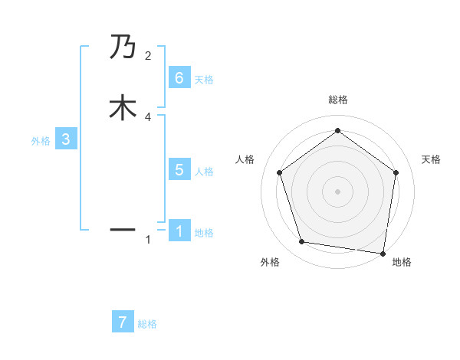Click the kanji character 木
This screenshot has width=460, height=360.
123,108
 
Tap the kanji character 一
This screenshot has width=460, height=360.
123,229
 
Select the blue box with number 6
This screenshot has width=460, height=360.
179,78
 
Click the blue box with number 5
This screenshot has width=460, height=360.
179,170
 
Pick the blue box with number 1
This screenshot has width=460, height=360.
179,231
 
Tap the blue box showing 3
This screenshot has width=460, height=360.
66,139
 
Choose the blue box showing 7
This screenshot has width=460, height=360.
123,322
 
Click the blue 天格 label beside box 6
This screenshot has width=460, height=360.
204,80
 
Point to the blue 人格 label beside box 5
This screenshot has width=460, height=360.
204,172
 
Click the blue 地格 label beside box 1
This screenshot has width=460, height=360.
204,233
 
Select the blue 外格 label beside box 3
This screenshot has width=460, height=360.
41,141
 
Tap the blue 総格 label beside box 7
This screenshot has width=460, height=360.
147,324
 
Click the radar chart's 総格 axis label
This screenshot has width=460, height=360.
337,100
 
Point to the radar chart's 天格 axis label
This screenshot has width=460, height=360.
431,159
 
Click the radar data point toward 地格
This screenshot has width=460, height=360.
383,253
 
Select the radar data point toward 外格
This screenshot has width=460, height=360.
302,242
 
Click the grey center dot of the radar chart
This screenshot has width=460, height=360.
337,191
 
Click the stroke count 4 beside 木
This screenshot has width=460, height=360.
147,116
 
